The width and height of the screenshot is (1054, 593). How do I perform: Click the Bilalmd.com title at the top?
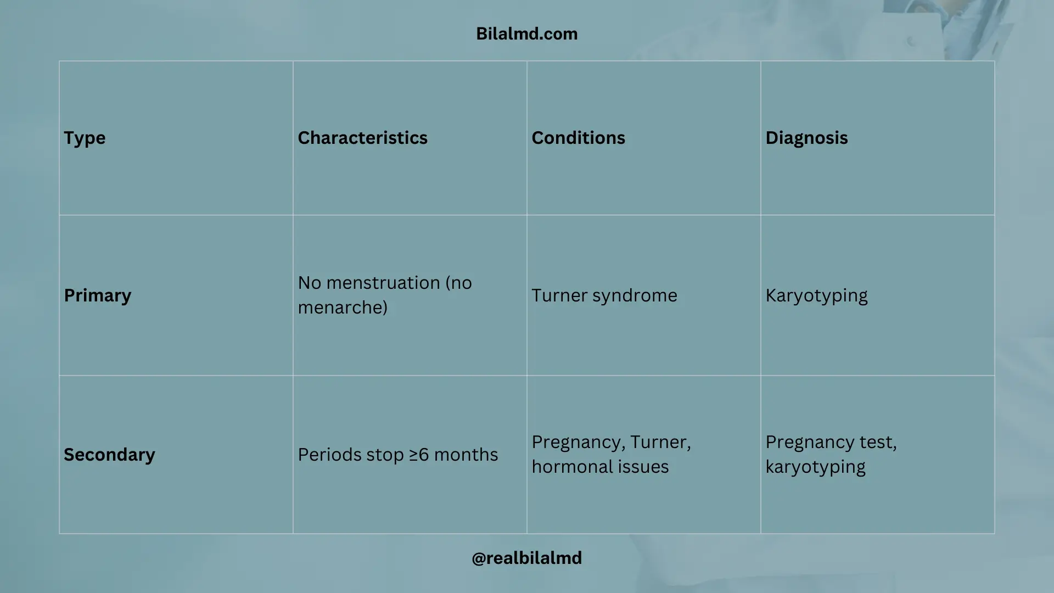(526, 33)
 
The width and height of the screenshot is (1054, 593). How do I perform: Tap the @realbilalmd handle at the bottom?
(526, 558)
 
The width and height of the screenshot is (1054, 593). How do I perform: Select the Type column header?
(85, 138)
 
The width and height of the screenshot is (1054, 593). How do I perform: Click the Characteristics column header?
(362, 137)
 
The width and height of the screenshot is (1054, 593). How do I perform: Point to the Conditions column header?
(578, 137)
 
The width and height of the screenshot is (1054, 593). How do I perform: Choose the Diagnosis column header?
(806, 138)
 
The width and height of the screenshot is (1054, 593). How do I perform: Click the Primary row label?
(98, 295)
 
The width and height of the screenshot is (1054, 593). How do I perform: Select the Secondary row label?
(109, 455)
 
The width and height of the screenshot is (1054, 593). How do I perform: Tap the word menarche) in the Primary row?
(343, 307)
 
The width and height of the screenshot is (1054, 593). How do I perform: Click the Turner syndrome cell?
(604, 295)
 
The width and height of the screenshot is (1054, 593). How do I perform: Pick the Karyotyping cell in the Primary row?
(816, 295)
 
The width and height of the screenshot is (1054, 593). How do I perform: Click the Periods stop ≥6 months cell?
(398, 455)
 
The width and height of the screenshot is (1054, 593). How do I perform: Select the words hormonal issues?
(600, 467)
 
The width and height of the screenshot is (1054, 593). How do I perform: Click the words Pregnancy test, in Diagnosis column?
(831, 443)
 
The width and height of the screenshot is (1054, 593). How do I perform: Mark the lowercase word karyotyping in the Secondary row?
(815, 467)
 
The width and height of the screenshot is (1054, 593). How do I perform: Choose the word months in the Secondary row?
(466, 455)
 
